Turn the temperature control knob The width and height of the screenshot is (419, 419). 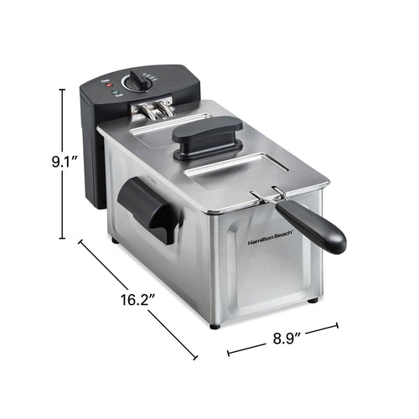[x=136, y=81]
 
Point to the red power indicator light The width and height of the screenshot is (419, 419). [x=106, y=85]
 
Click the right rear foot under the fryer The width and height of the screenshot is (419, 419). [x=313, y=300]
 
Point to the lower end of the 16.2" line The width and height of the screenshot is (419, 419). [x=197, y=359]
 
